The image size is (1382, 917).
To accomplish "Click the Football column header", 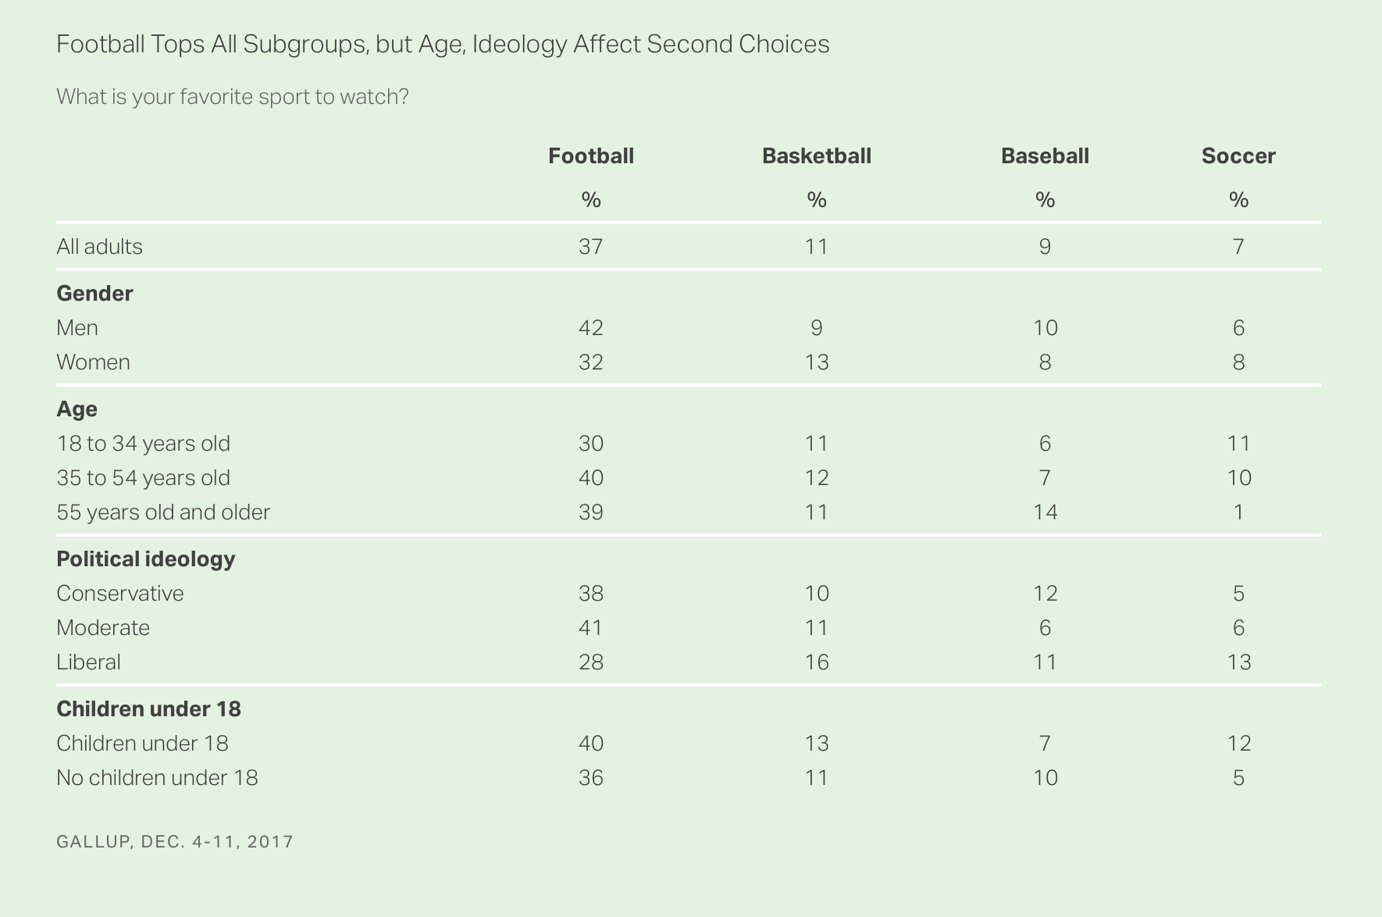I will (x=591, y=156).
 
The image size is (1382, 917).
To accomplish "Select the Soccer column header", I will (x=1238, y=156).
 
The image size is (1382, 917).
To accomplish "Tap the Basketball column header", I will (x=817, y=156).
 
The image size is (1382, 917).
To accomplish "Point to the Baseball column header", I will (x=1045, y=156).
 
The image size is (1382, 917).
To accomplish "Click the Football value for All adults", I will (x=591, y=247).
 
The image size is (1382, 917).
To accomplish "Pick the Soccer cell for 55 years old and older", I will (x=1238, y=512).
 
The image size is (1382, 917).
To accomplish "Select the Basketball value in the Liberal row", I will (x=817, y=662).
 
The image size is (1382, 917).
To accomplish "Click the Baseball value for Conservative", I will (x=1045, y=594).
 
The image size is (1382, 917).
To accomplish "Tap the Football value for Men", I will (x=591, y=328).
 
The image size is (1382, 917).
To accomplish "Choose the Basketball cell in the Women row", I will (x=817, y=362).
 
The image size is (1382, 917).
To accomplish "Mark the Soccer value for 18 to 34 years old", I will (x=1238, y=444).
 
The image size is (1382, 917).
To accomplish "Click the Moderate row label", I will (x=103, y=628).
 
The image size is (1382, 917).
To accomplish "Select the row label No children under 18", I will (x=157, y=778).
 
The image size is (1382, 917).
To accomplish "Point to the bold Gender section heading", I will (x=94, y=294).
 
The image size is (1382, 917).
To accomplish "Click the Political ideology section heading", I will (x=145, y=559).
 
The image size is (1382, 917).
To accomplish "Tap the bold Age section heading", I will (x=77, y=409).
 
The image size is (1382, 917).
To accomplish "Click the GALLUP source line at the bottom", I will (x=175, y=842).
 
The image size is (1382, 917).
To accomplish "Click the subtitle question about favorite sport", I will (x=233, y=97).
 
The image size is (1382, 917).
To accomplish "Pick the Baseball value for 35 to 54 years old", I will (x=1045, y=478).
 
